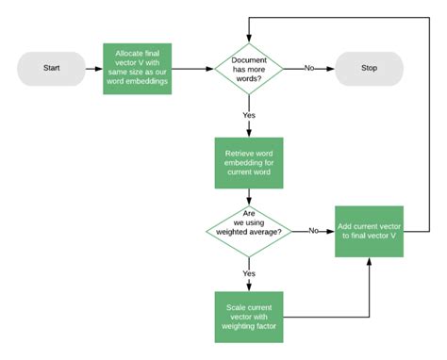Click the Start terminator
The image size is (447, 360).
pos(51,69)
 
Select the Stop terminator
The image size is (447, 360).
pos(369,69)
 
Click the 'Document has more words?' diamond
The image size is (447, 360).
pos(249,69)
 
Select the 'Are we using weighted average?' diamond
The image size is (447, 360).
pos(249,230)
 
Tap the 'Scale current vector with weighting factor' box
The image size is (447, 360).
pos(249,318)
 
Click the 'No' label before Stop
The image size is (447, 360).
pos(308,69)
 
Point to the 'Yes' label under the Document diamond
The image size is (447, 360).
pos(249,115)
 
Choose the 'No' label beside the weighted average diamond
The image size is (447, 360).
pos(312,231)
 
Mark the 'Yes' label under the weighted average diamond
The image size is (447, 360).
pos(249,273)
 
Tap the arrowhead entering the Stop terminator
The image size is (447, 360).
pos(331,69)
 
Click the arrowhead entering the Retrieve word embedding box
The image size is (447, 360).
pos(249,136)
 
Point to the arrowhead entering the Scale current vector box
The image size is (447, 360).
pos(249,288)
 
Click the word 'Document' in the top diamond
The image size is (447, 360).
pos(250,58)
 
